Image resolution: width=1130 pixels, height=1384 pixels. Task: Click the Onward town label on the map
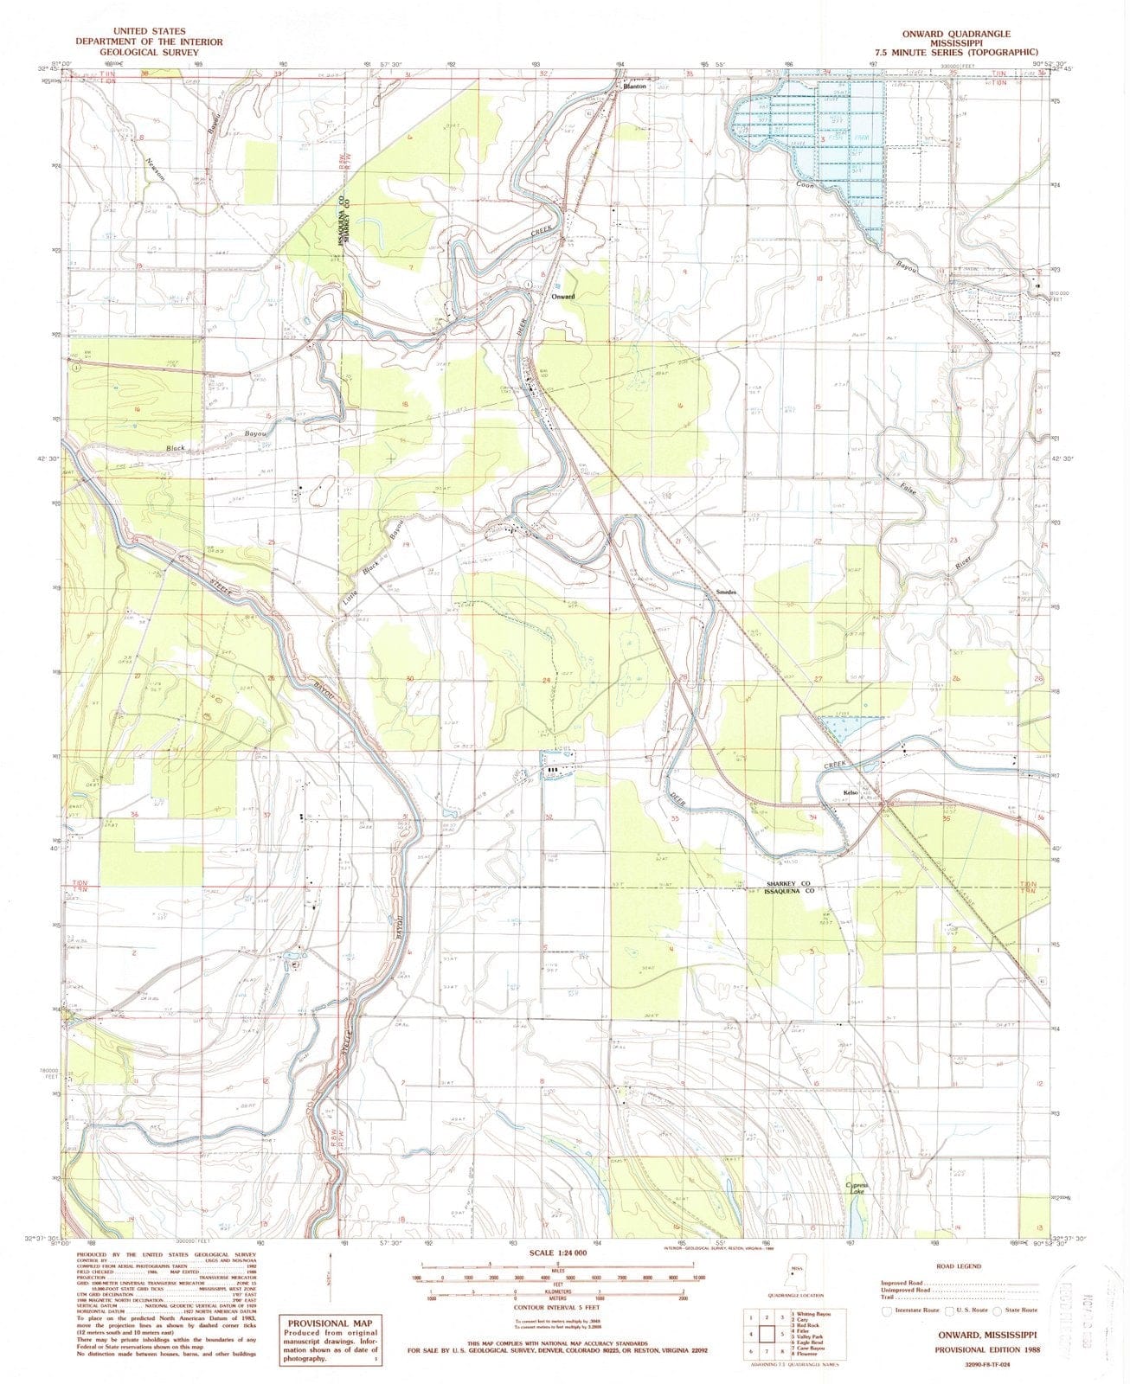pos(563,297)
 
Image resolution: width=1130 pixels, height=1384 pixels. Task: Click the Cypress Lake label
pos(857,1189)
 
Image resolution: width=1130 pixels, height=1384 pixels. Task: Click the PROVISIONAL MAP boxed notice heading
pos(330,1323)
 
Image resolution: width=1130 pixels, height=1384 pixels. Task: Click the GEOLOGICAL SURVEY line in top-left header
pos(148,52)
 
